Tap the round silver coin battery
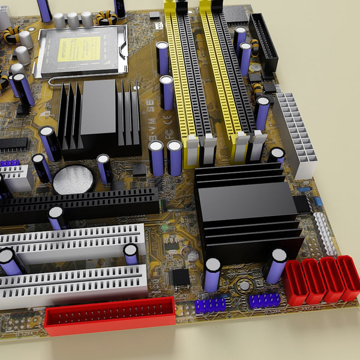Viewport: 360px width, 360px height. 73,179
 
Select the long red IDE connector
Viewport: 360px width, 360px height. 110,316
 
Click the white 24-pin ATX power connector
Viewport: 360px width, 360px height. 295,134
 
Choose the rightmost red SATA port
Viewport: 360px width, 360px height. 348,277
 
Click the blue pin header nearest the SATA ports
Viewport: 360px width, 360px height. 264,300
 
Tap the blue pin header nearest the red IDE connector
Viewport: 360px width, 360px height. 210,305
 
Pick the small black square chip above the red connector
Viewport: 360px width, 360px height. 181,277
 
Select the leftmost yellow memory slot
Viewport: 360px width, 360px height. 181,78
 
